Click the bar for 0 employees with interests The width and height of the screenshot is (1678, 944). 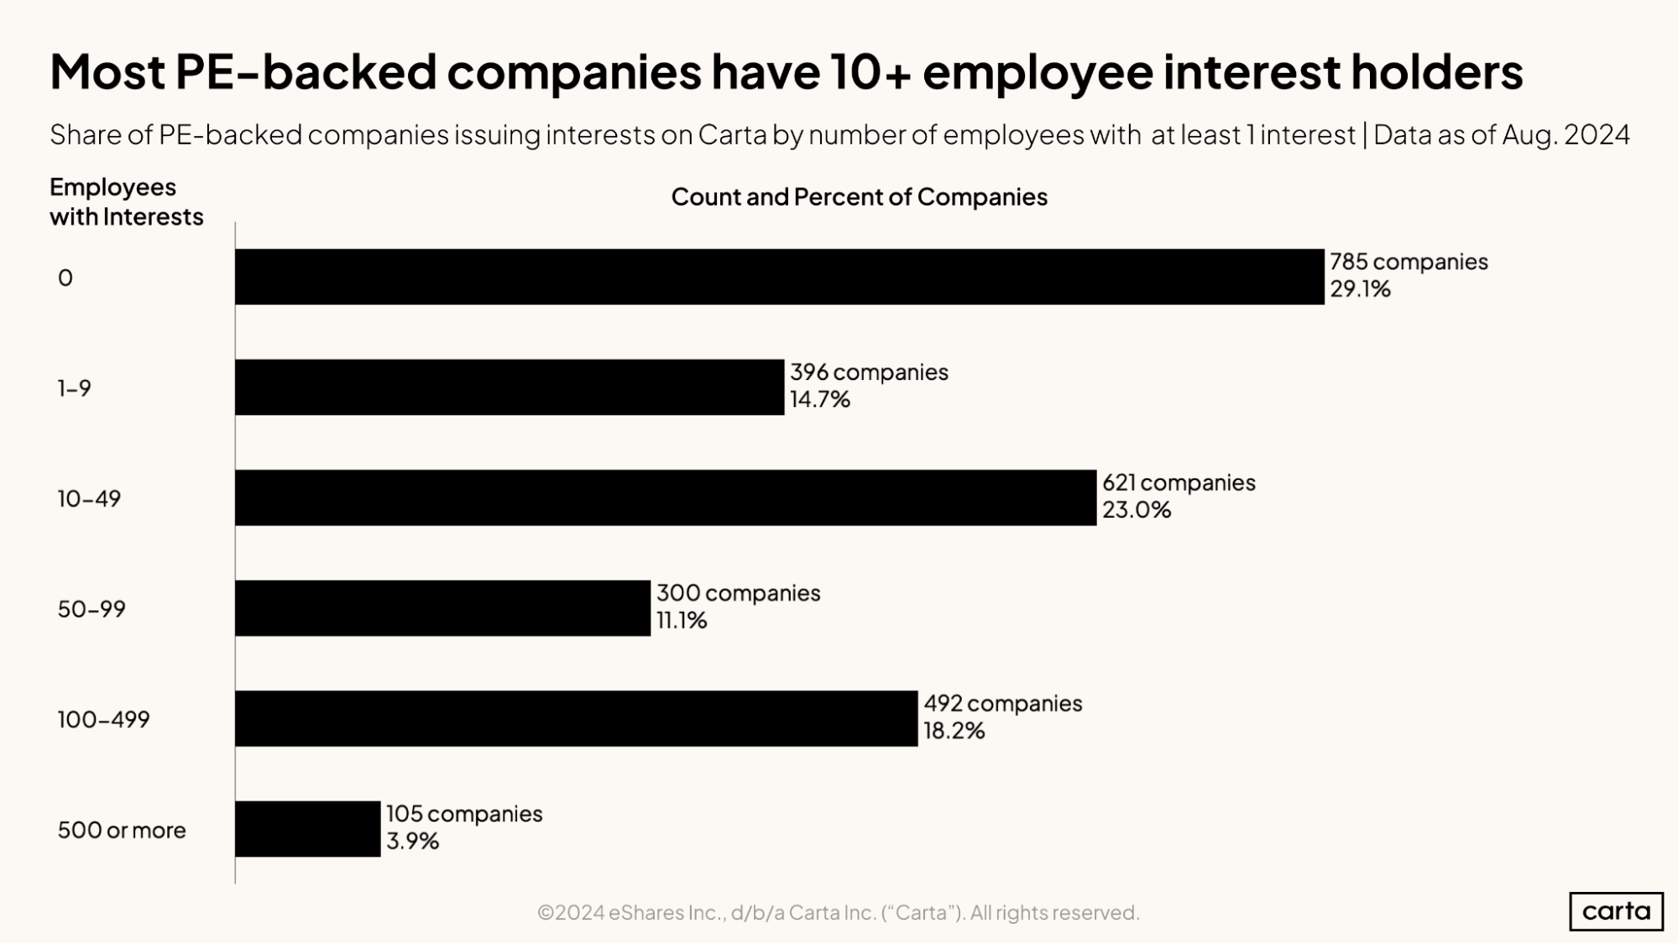(779, 277)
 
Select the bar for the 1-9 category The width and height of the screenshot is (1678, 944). (510, 388)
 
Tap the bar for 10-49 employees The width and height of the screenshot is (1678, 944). (666, 498)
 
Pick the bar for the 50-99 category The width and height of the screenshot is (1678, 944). (442, 608)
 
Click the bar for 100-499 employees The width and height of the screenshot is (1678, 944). (576, 719)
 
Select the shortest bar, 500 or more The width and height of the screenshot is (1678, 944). (307, 829)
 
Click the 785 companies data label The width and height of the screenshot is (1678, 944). (1408, 262)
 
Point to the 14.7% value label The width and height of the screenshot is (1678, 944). (819, 400)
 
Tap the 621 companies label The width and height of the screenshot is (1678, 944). (1178, 483)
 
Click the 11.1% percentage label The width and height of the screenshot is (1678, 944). (681, 621)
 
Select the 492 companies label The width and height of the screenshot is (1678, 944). (1002, 704)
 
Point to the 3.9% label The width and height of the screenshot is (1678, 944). (412, 842)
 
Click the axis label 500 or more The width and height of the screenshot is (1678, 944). (122, 831)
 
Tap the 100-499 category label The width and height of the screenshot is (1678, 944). (103, 720)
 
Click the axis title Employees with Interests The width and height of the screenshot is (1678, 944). (126, 202)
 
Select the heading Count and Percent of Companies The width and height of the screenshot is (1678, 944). (859, 197)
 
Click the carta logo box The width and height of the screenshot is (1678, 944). (1615, 911)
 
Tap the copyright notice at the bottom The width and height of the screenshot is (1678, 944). (838, 913)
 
